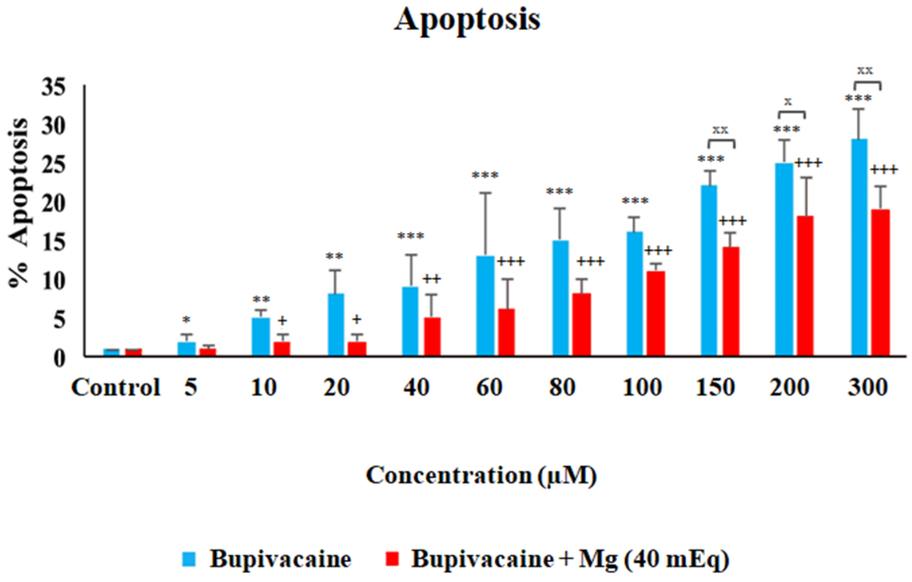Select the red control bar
pyautogui.click(x=133, y=352)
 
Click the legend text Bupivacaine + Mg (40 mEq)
pyautogui.click(x=570, y=559)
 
